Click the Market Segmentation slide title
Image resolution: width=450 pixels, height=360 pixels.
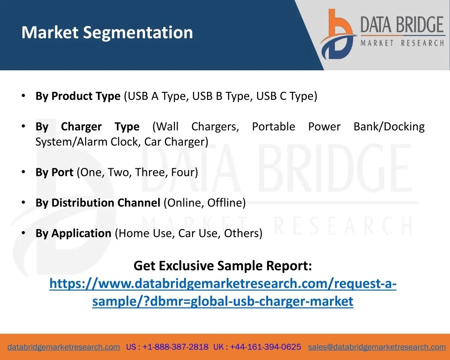(x=107, y=33)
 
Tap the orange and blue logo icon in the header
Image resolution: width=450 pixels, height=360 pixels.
(x=338, y=34)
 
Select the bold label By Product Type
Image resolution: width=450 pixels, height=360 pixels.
(x=78, y=96)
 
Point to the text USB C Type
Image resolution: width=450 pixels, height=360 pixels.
(x=287, y=96)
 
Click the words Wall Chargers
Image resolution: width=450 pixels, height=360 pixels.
(x=196, y=127)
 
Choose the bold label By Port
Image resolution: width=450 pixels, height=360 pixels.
(x=54, y=172)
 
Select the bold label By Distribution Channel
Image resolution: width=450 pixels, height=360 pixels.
(x=98, y=203)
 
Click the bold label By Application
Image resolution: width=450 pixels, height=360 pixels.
(x=73, y=233)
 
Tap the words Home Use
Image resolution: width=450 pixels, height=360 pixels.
(x=145, y=233)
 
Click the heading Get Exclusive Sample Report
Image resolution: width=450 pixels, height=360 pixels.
(x=223, y=265)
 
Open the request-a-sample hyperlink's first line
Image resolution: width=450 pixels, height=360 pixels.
(x=223, y=284)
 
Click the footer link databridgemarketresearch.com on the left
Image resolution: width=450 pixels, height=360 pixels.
(x=64, y=347)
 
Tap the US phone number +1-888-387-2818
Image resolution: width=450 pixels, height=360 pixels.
(x=175, y=347)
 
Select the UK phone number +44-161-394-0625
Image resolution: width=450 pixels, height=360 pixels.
(x=265, y=347)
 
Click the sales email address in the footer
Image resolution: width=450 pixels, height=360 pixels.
(x=377, y=347)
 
